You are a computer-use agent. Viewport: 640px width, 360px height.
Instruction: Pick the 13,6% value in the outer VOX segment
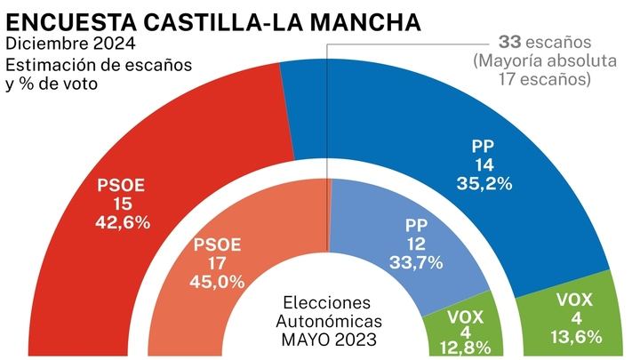pos(575,336)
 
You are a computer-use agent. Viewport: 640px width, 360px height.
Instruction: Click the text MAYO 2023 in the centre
pos(327,338)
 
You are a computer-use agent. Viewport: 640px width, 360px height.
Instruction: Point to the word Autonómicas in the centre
pos(327,320)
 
